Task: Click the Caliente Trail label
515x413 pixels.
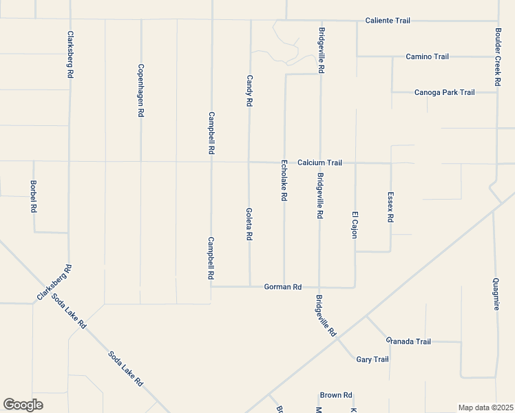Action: (x=388, y=21)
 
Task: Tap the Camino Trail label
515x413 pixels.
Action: (x=427, y=56)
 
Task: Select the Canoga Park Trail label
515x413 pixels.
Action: (x=444, y=92)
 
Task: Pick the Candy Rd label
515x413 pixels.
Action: (x=250, y=90)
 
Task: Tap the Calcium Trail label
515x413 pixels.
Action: (x=319, y=163)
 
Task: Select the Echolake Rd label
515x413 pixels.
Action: (x=284, y=180)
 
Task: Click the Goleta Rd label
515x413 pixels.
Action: (x=249, y=224)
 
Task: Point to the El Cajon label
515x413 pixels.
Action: (x=355, y=224)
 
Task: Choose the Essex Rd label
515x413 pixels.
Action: (x=390, y=206)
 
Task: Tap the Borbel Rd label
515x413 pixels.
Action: (x=33, y=196)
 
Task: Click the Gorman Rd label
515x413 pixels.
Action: (x=283, y=286)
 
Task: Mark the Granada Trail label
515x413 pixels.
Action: (x=408, y=341)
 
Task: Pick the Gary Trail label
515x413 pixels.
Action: (x=372, y=359)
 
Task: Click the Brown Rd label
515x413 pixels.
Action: (x=336, y=395)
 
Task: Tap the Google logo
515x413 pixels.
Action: (x=23, y=405)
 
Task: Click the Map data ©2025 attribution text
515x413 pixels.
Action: (x=485, y=407)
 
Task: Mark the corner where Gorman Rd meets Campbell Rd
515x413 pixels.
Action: (x=211, y=286)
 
